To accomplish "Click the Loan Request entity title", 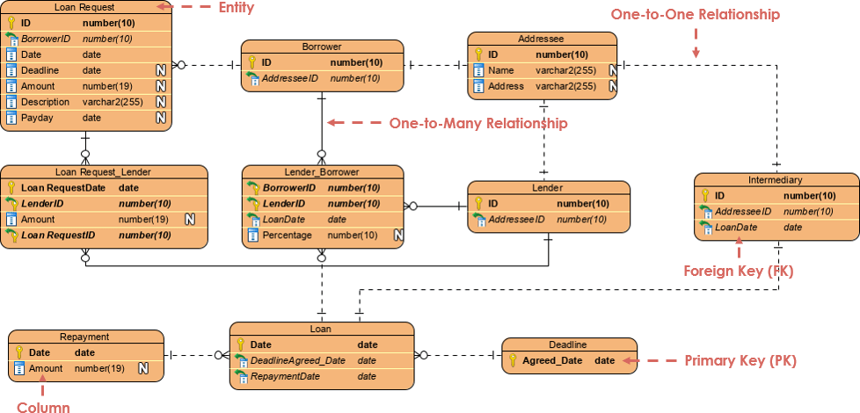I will (84, 7).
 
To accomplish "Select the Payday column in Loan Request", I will (37, 118).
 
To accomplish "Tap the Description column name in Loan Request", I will (45, 102).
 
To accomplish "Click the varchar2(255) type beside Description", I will (113, 102).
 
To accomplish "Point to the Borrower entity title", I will (322, 47).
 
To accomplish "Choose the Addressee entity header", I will (542, 39).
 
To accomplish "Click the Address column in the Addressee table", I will (506, 86).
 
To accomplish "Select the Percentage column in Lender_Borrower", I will (287, 235).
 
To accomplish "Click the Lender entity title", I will (548, 187).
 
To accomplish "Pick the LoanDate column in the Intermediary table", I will (736, 228).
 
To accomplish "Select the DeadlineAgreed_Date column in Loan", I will (298, 360).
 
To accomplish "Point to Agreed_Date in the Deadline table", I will (552, 360).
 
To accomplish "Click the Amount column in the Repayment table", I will (46, 368).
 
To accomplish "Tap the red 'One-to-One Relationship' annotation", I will (695, 15).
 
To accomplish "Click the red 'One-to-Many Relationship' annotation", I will (477, 124).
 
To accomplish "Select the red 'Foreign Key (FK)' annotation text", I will (739, 272).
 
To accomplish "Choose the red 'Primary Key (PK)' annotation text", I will (740, 361).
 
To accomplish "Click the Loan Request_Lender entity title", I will (104, 171).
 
